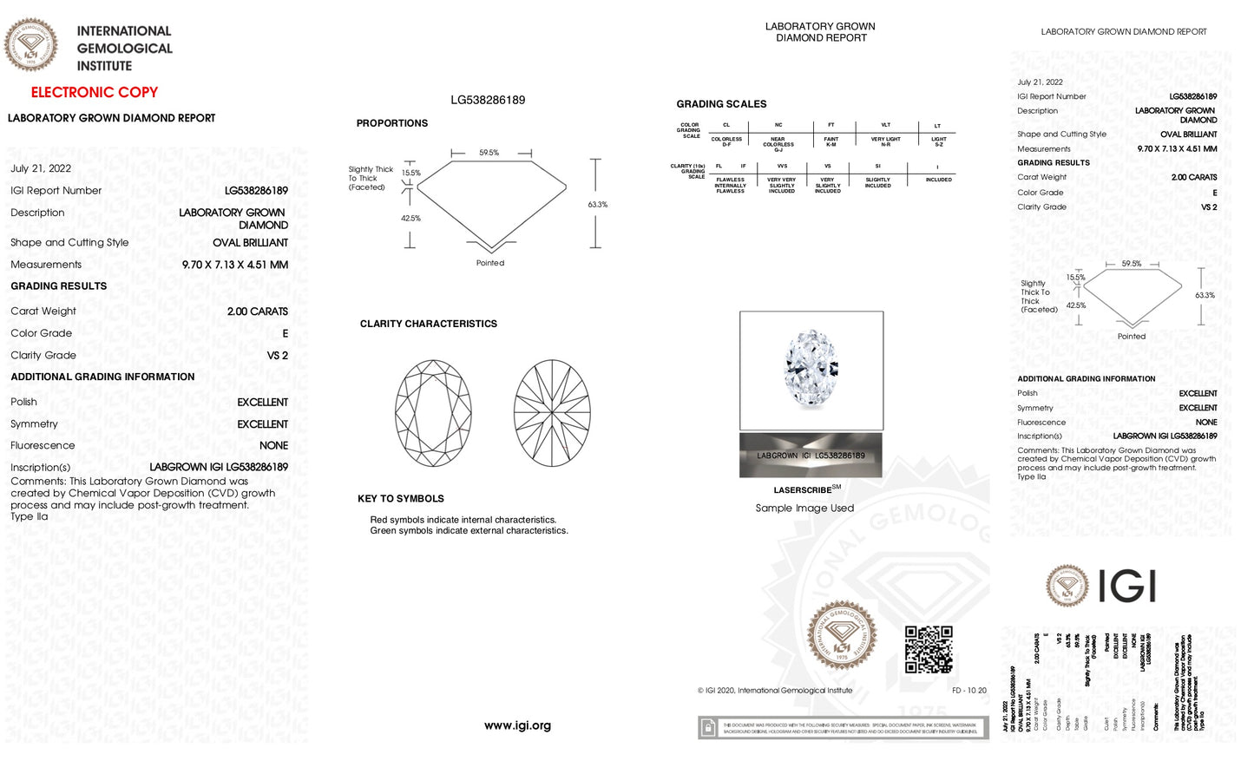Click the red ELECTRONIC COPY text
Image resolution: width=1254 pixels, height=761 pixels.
coord(95,92)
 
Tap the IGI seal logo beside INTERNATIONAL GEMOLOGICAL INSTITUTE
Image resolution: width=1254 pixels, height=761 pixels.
coord(31,44)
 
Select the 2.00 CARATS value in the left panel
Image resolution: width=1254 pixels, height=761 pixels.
coord(257,312)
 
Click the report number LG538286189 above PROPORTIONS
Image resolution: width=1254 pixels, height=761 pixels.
coord(488,100)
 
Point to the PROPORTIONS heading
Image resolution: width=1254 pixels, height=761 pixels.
coord(391,123)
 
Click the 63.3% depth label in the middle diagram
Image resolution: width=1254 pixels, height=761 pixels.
coord(598,205)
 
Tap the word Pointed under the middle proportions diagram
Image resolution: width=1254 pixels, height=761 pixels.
coord(490,263)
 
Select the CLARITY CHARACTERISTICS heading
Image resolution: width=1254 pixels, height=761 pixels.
coord(429,324)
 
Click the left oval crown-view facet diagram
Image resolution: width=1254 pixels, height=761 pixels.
coord(433,413)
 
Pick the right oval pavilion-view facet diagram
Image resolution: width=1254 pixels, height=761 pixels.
coord(552,413)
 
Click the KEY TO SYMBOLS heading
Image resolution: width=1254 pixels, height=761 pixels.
coord(401,499)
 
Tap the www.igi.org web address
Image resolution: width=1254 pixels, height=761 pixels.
coord(517,725)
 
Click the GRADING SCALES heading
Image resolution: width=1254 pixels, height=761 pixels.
coord(721,104)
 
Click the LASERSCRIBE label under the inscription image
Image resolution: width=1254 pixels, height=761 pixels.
coord(803,490)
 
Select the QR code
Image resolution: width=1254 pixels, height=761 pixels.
coord(929,649)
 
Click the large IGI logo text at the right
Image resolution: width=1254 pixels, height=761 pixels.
coord(1127,586)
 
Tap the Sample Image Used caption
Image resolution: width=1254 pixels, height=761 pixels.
coord(804,508)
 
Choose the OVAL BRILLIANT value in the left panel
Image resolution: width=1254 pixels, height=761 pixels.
coord(250,243)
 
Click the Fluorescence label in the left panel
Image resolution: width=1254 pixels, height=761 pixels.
coord(43,446)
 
